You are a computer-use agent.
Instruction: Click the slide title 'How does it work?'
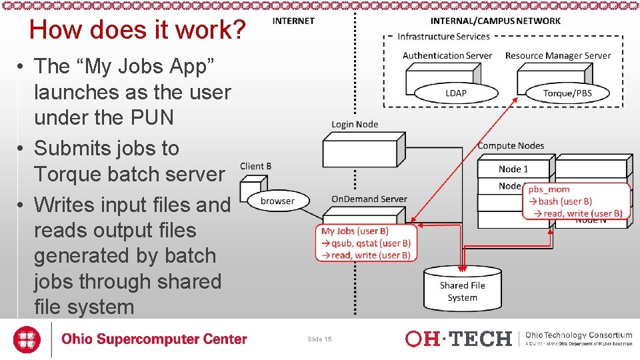(x=138, y=30)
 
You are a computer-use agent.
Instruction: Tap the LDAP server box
(x=456, y=93)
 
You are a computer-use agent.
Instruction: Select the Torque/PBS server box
(x=567, y=93)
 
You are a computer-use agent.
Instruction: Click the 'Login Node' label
(x=355, y=124)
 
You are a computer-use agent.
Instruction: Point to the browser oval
(x=277, y=201)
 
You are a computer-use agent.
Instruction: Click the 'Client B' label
(x=255, y=166)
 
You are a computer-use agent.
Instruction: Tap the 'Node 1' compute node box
(x=513, y=169)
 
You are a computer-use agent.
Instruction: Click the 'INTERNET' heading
(x=293, y=21)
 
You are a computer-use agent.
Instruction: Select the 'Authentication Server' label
(x=447, y=55)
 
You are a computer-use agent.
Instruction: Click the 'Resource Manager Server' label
(x=558, y=55)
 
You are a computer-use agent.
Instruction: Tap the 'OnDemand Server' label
(x=369, y=199)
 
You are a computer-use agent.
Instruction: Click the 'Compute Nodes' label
(x=511, y=145)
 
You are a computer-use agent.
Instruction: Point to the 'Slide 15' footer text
(x=319, y=339)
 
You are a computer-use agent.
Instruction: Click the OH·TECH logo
(x=459, y=339)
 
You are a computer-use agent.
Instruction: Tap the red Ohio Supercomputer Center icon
(x=26, y=339)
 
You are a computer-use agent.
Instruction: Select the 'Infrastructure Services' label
(x=443, y=37)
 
